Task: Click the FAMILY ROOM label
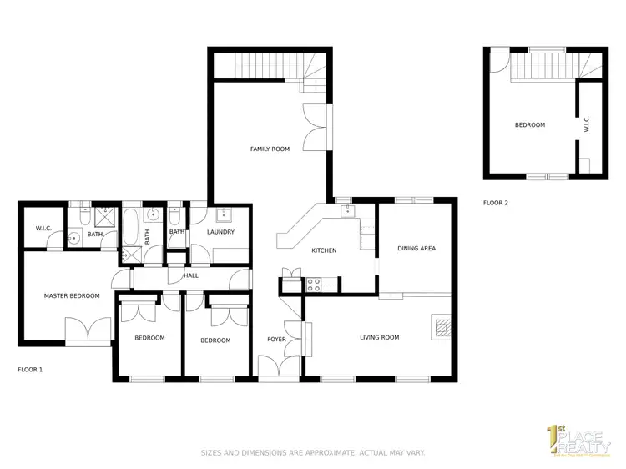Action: pyautogui.click(x=270, y=149)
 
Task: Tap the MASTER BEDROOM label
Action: pyautogui.click(x=72, y=295)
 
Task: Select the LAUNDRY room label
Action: pyautogui.click(x=220, y=232)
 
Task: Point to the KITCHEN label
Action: pyautogui.click(x=324, y=250)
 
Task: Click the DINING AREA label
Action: pyautogui.click(x=416, y=248)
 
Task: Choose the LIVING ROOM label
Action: pyautogui.click(x=379, y=337)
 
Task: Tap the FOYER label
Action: pyautogui.click(x=276, y=340)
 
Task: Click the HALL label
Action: pyautogui.click(x=191, y=275)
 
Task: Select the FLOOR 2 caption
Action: pyautogui.click(x=496, y=203)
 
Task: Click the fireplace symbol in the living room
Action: pyautogui.click(x=442, y=325)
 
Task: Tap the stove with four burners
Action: pyautogui.click(x=316, y=285)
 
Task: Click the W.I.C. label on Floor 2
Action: pyautogui.click(x=587, y=125)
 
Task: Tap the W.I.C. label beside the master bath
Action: pyautogui.click(x=44, y=229)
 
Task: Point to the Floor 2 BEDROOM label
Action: pyautogui.click(x=529, y=125)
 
